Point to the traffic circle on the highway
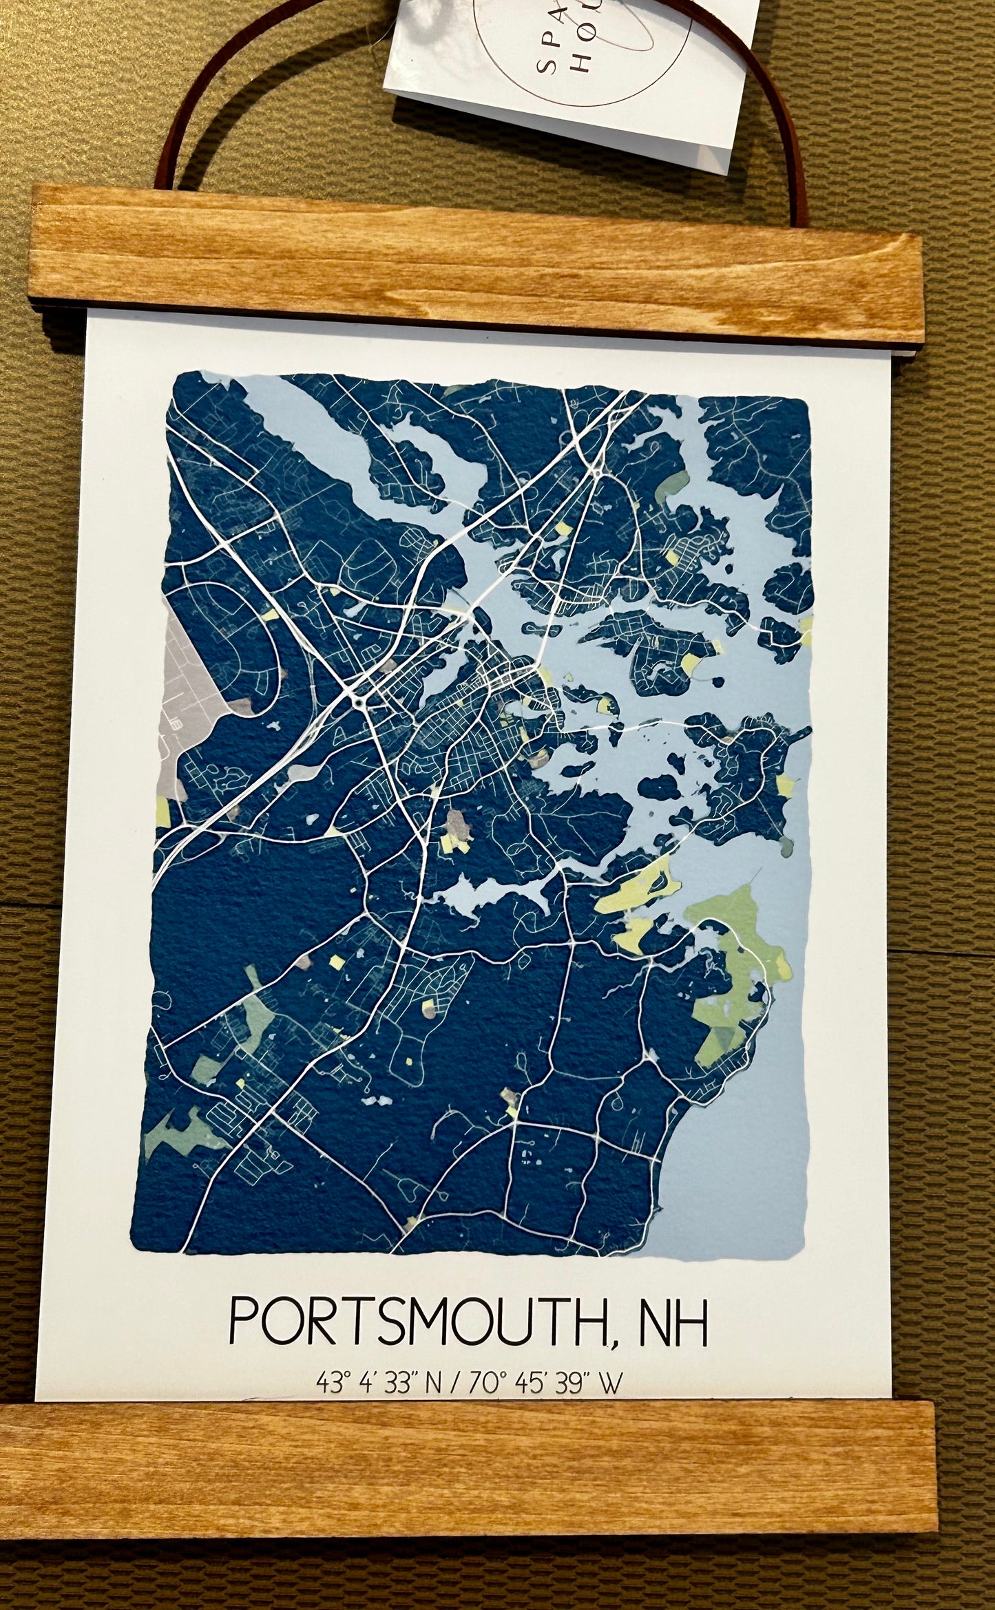coord(360,701)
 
